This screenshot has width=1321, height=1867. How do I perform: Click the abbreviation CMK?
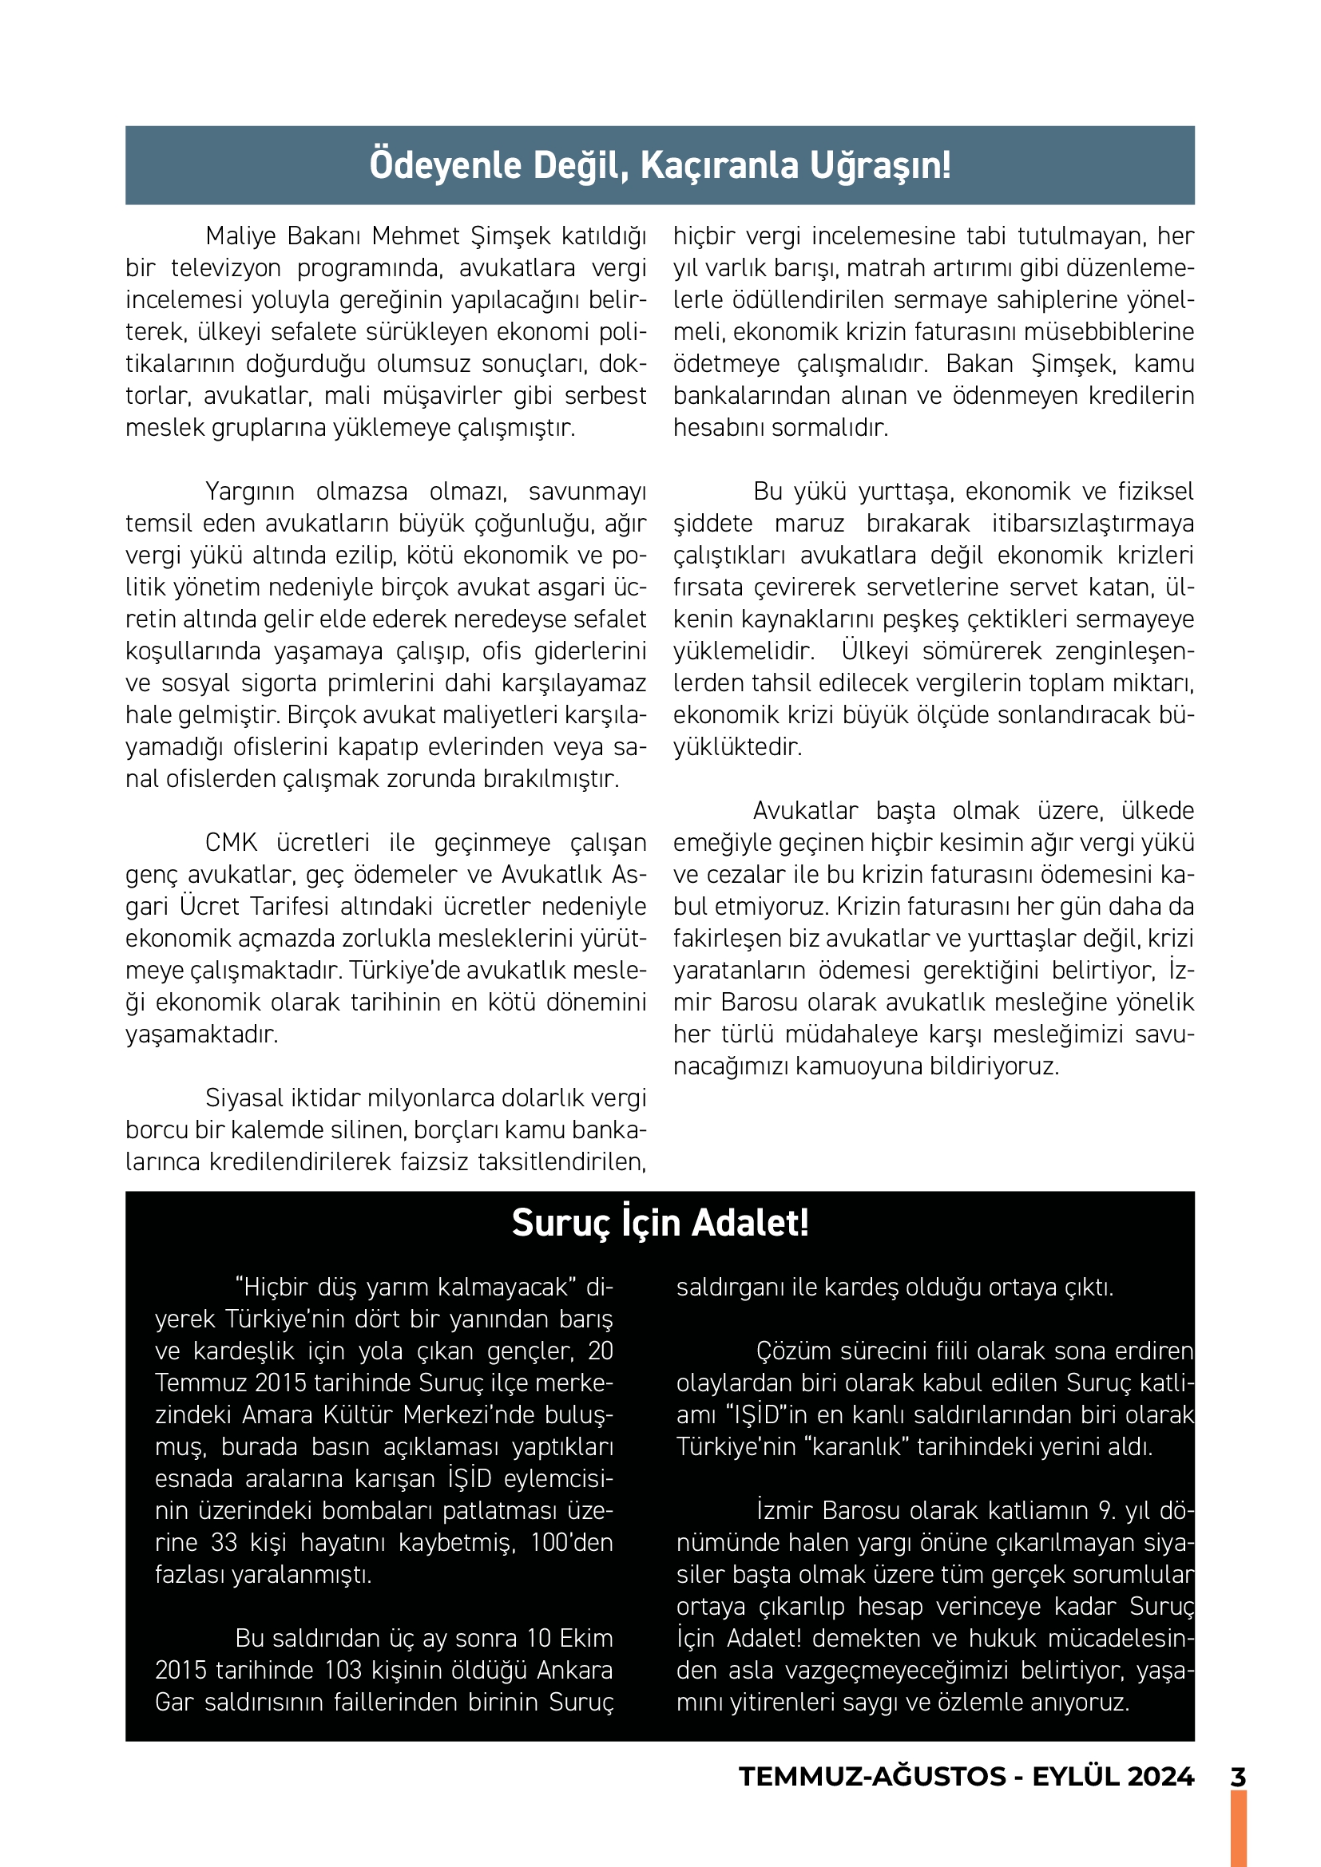coord(231,842)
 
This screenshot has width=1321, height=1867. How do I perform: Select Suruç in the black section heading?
coord(561,1223)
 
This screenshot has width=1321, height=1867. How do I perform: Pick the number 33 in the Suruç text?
coord(224,1543)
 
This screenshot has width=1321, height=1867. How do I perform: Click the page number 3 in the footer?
coord(1238,1777)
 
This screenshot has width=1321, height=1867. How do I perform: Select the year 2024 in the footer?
coord(1160,1777)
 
